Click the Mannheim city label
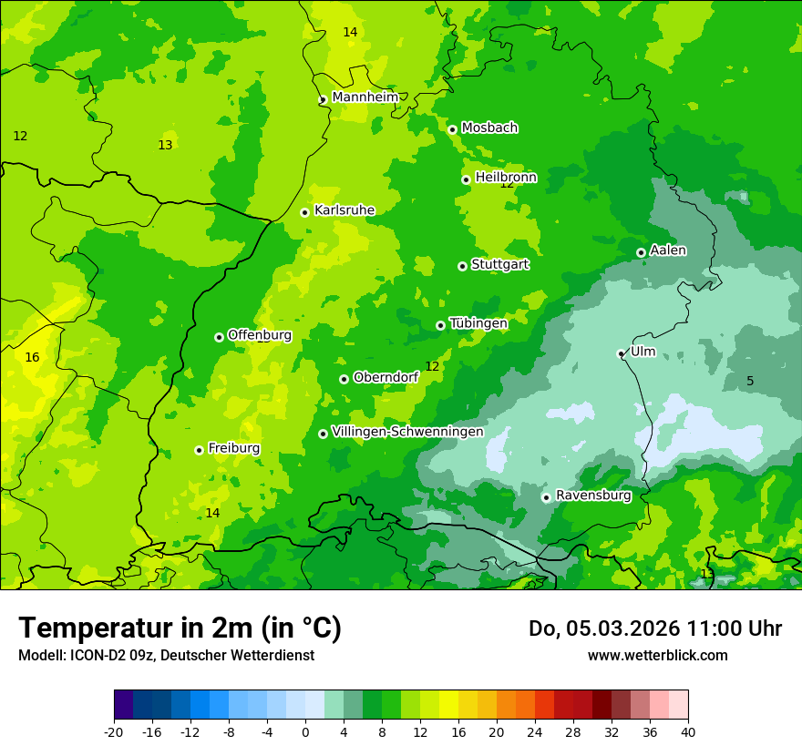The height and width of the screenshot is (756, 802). (365, 97)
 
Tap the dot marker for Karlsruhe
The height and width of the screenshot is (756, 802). (305, 212)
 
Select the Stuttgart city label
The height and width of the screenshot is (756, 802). (499, 265)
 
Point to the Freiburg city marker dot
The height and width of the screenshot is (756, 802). (199, 450)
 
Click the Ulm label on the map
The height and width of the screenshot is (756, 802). (643, 352)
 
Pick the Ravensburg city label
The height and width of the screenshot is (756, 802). (592, 495)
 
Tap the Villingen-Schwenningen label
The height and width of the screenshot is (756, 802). (407, 432)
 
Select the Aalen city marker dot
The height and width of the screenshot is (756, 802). (641, 252)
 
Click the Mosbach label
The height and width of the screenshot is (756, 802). (489, 128)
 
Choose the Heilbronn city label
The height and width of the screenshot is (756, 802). (506, 178)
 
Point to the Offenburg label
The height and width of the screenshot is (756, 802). (260, 335)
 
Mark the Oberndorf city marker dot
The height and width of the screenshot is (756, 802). (344, 379)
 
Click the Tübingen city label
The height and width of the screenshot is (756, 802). (478, 323)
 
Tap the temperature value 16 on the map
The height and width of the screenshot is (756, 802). (32, 358)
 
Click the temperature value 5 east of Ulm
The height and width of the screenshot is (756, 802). (750, 381)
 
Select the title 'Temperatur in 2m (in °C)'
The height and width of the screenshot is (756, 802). (180, 628)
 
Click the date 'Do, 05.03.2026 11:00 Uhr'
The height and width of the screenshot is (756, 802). (654, 628)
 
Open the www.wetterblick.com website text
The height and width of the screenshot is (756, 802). (657, 656)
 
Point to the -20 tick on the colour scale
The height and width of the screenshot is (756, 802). (114, 731)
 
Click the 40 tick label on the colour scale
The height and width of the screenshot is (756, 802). (687, 731)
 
